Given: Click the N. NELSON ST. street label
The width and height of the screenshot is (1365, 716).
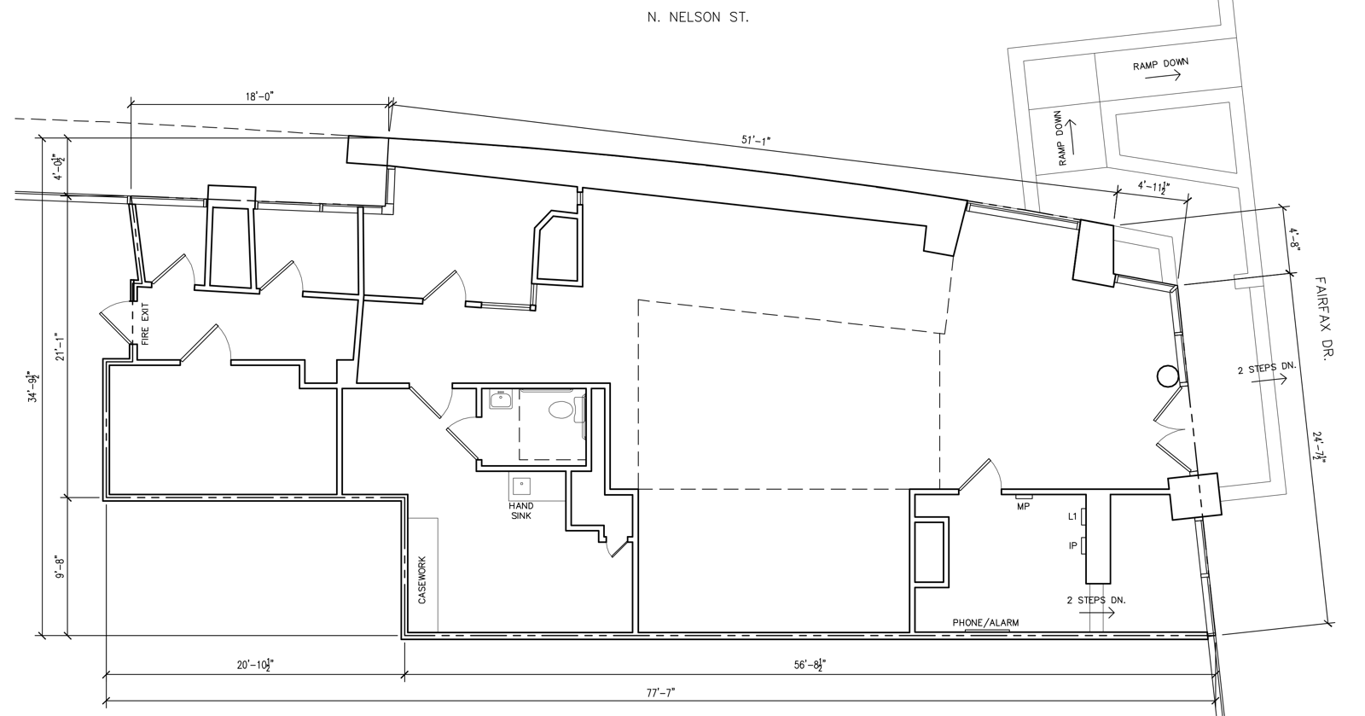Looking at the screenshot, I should (698, 16).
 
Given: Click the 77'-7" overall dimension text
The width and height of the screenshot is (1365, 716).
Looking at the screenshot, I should (660, 692).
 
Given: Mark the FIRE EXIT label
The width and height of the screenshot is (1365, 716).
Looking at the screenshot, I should (144, 325).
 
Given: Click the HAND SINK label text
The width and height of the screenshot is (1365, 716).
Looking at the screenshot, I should (521, 510).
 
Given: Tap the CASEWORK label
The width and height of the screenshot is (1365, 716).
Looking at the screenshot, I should (422, 580).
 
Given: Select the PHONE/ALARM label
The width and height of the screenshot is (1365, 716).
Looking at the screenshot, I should (985, 623).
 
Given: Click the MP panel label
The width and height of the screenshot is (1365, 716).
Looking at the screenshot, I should (1024, 506).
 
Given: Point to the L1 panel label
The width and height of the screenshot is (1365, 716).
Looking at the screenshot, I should (1072, 516).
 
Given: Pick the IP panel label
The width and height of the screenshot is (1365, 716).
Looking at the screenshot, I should (1072, 545).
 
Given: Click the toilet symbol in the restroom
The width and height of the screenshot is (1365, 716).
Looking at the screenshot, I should (561, 410).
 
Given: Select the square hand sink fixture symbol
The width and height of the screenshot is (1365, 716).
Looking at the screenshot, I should (521, 486).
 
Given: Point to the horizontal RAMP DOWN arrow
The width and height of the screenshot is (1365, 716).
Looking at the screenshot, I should (1162, 76).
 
